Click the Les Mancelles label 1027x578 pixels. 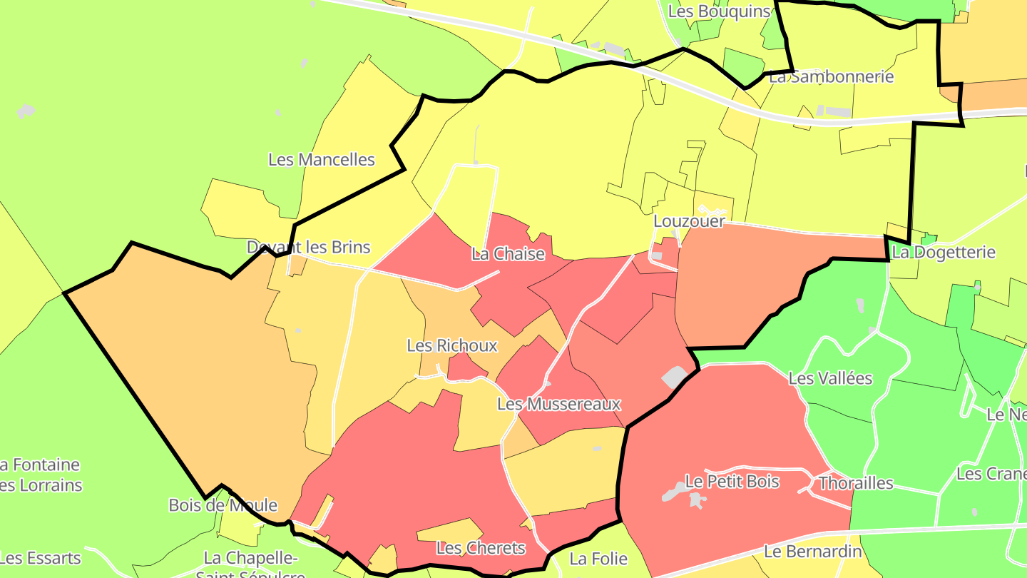pyautogui.click(x=322, y=159)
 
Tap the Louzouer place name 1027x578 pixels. pyautogui.click(x=689, y=221)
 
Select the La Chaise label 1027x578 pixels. pyautogui.click(x=508, y=254)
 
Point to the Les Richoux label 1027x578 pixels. pyautogui.click(x=451, y=346)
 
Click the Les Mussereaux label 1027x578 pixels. pyautogui.click(x=558, y=405)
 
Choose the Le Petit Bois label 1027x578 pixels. pyautogui.click(x=732, y=482)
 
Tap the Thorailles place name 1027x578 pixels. pyautogui.click(x=856, y=483)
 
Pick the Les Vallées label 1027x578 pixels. pyautogui.click(x=830, y=378)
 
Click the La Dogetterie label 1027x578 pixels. pyautogui.click(x=944, y=253)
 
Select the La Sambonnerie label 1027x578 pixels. pyautogui.click(x=831, y=76)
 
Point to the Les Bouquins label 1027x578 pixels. pyautogui.click(x=720, y=11)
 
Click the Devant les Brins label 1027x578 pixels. pyautogui.click(x=308, y=248)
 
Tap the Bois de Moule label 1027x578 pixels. pyautogui.click(x=223, y=505)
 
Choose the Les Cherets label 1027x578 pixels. pyautogui.click(x=481, y=549)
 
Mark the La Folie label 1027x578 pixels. pyautogui.click(x=598, y=559)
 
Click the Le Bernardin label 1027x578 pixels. pyautogui.click(x=813, y=552)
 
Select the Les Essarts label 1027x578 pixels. pyautogui.click(x=41, y=558)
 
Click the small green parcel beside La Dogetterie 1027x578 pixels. pyautogui.click(x=929, y=238)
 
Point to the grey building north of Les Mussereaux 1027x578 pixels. pyautogui.click(x=675, y=377)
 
